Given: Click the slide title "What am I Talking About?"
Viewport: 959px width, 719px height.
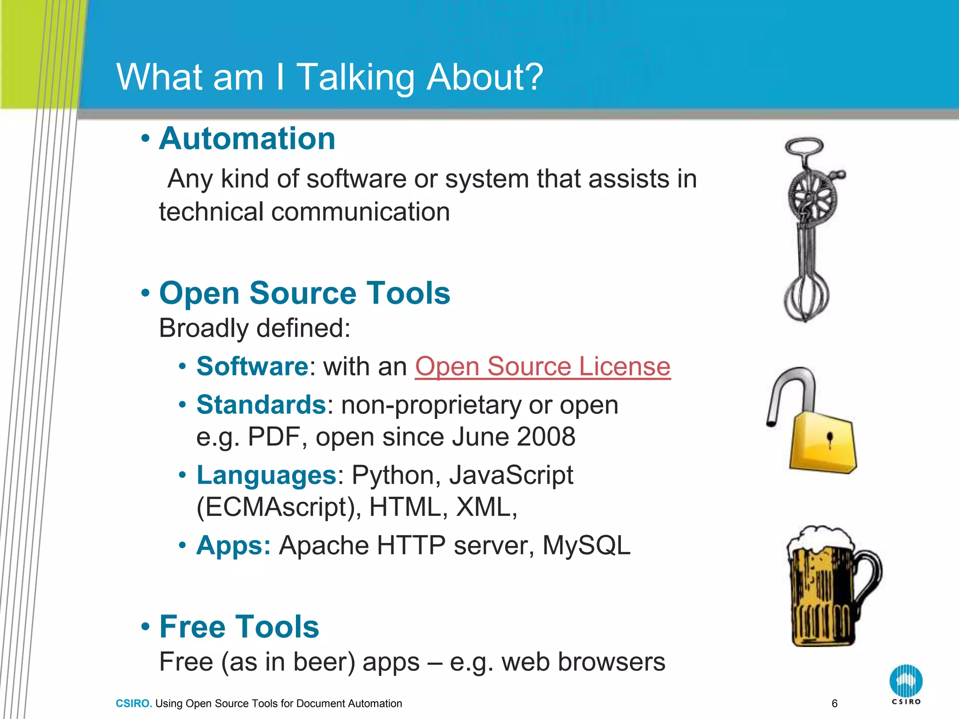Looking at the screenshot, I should pyautogui.click(x=330, y=77).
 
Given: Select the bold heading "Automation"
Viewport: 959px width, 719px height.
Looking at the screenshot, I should pyautogui.click(x=247, y=139).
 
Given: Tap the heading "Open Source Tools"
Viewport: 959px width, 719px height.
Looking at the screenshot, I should pyautogui.click(x=304, y=293).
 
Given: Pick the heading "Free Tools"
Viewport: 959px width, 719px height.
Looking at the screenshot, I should pyautogui.click(x=239, y=627).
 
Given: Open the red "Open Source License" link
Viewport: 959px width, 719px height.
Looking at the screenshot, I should pyautogui.click(x=542, y=367).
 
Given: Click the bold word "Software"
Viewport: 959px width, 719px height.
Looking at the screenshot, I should pyautogui.click(x=252, y=367).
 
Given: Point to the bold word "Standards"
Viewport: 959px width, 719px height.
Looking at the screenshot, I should pyautogui.click(x=261, y=405).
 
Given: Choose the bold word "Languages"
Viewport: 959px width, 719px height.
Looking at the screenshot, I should pyautogui.click(x=266, y=476).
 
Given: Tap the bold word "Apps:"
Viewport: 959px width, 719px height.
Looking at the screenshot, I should pyautogui.click(x=233, y=546).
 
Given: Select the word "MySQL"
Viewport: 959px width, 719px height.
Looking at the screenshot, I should pyautogui.click(x=586, y=546).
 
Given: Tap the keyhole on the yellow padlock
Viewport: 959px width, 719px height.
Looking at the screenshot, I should pyautogui.click(x=830, y=439).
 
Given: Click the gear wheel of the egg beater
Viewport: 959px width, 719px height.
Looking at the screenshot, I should pyautogui.click(x=812, y=197).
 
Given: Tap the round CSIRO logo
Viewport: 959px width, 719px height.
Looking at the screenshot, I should pyautogui.click(x=906, y=682).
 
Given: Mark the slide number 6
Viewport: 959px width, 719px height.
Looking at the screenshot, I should pyautogui.click(x=834, y=704).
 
